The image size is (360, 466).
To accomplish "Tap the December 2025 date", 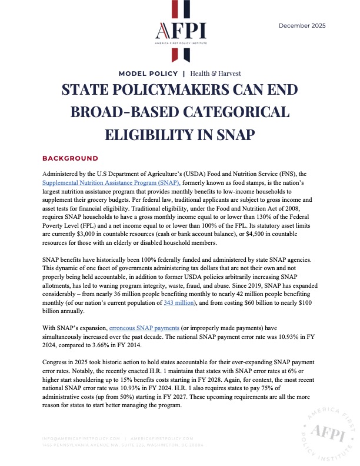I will tap(302, 25).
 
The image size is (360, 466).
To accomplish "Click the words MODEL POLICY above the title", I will tap(148, 74).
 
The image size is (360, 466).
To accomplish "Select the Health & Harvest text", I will tap(215, 74).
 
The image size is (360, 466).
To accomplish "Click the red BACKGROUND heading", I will tap(70, 159).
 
